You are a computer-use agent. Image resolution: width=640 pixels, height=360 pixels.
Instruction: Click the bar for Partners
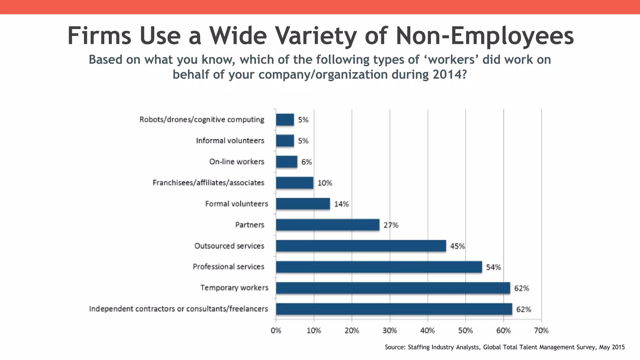[x=327, y=225]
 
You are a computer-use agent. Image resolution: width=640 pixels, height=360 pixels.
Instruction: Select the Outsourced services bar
[x=361, y=246]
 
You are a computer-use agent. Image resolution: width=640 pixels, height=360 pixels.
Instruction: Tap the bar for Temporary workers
[x=393, y=288]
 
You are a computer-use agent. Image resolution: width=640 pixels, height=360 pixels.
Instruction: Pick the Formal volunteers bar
[x=303, y=204]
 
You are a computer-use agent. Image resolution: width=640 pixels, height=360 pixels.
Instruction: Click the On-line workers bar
[x=287, y=162]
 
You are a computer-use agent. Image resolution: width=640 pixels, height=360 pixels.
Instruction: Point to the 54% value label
[x=493, y=267]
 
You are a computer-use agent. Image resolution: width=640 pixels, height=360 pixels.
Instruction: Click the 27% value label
[x=391, y=225]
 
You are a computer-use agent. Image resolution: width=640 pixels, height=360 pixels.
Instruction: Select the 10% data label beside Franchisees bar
[x=325, y=183]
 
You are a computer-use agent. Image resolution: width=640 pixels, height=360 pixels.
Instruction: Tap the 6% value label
[x=307, y=162]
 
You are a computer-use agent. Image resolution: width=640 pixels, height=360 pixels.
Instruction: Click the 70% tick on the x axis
[x=541, y=331]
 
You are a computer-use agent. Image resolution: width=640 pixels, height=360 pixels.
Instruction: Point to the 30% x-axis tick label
[x=390, y=331]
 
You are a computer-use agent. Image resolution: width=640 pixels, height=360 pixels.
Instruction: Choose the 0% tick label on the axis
[x=276, y=331]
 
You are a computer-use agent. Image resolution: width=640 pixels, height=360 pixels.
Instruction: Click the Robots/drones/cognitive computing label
[x=202, y=120]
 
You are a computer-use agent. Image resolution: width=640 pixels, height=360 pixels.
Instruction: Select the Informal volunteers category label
[x=230, y=141]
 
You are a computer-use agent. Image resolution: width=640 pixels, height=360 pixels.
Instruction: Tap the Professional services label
[x=228, y=267]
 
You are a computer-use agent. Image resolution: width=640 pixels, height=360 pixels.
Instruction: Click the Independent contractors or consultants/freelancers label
[x=178, y=309]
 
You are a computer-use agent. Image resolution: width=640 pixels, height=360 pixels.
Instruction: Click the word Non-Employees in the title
[x=485, y=36]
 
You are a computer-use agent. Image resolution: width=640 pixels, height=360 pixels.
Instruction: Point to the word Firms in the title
[x=99, y=36]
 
